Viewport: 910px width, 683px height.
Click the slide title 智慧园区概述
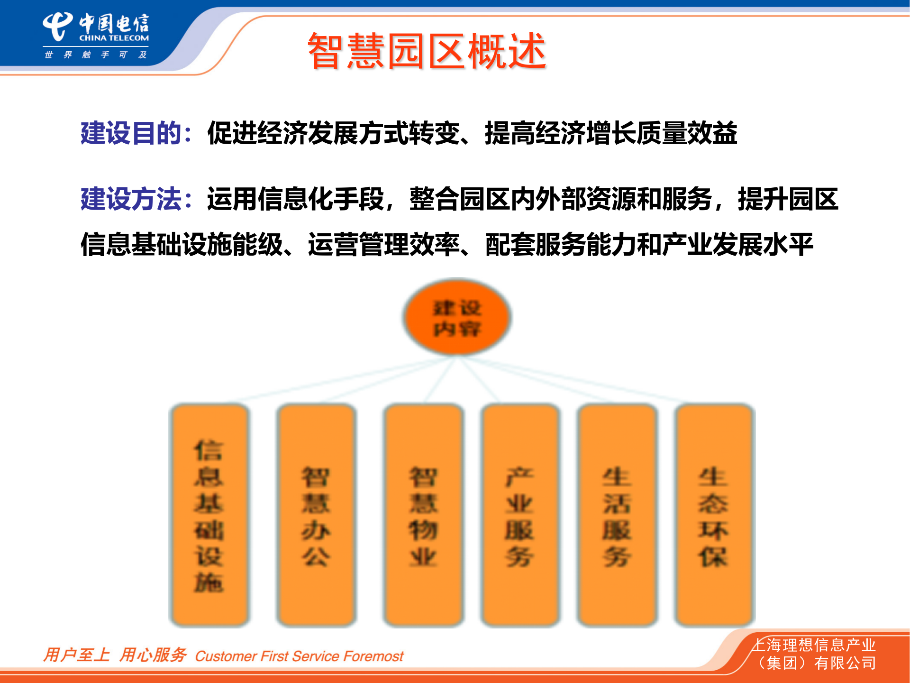click(x=427, y=51)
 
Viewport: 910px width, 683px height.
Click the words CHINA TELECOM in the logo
click(x=114, y=38)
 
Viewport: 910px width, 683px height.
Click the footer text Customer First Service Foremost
click(x=299, y=656)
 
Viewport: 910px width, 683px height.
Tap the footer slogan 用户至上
click(x=76, y=655)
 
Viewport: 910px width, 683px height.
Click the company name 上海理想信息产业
click(x=814, y=645)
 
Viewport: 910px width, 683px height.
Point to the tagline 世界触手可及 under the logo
click(x=95, y=55)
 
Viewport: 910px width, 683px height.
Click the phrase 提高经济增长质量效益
click(x=611, y=133)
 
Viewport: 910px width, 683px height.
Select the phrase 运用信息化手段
click(x=295, y=199)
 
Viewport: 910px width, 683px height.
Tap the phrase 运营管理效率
click(x=384, y=245)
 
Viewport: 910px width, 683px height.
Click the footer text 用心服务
click(x=153, y=655)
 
